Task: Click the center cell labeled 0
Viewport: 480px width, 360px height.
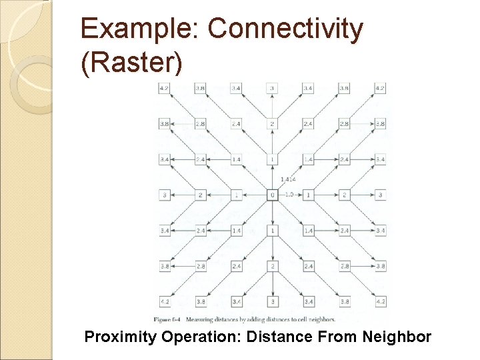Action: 272,195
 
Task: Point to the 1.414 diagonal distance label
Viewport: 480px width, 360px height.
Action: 288,179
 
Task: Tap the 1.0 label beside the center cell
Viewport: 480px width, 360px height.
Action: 289,195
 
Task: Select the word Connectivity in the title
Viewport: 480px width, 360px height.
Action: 286,29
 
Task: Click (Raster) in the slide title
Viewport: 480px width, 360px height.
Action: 131,63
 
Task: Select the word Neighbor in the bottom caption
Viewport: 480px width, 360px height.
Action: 397,337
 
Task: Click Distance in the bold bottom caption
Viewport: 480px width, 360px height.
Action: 277,337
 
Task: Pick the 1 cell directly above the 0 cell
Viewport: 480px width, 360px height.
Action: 272,159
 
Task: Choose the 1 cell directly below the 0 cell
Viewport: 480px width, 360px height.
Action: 272,231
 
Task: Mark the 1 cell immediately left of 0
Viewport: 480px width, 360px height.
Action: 236,195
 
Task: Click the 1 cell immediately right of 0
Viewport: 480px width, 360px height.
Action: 308,195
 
